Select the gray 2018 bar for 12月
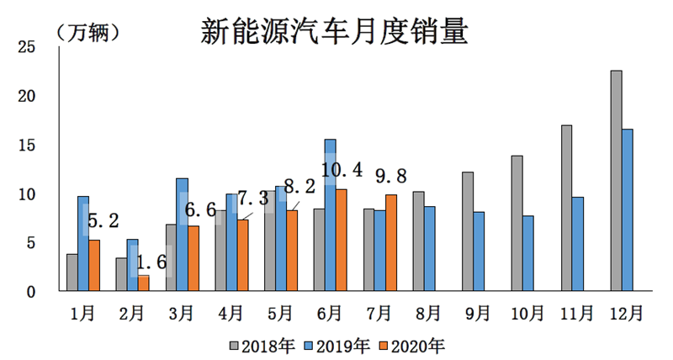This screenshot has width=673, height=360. [616, 181]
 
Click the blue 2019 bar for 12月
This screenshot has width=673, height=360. [628, 210]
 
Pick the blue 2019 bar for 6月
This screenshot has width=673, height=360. [330, 215]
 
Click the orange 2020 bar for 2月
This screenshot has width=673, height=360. [143, 283]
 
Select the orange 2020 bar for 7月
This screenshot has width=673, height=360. [390, 243]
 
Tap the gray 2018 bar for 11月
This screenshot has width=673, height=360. [567, 209]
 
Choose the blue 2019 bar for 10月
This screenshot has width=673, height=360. [528, 254]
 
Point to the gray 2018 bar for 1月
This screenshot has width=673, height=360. [72, 273]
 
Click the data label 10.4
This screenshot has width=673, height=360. [342, 171]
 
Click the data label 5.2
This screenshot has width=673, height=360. [103, 222]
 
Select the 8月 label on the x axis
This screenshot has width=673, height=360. [427, 313]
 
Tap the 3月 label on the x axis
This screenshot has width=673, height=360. [181, 313]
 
